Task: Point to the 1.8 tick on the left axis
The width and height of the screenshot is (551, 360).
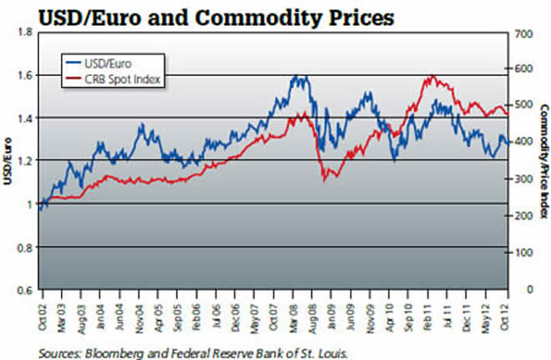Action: tap(23, 32)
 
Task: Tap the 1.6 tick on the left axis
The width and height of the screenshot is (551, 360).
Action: tap(23, 75)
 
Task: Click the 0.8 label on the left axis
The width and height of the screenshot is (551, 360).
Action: tap(23, 247)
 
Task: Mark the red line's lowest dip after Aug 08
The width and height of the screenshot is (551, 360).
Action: tap(325, 179)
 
